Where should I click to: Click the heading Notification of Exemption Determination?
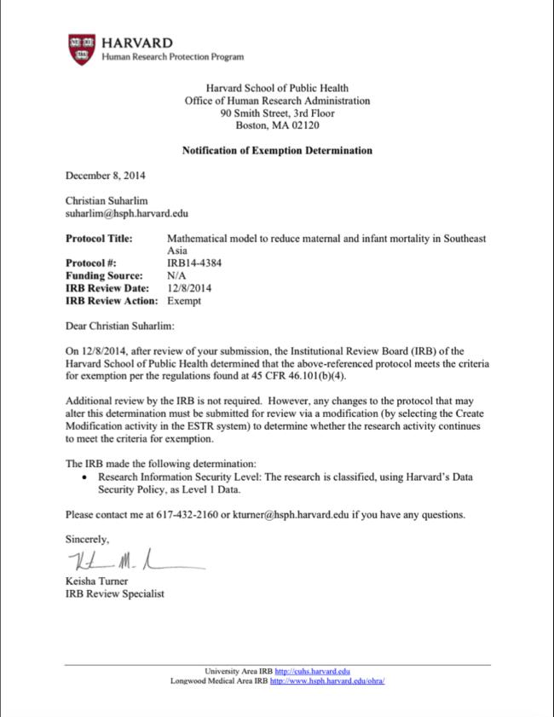(x=277, y=151)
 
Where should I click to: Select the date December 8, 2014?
(x=106, y=176)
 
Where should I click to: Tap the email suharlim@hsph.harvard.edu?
(x=126, y=214)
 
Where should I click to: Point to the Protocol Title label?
(x=99, y=239)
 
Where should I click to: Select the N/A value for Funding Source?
(x=176, y=276)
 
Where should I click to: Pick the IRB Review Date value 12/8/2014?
(x=189, y=288)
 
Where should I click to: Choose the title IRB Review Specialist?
(x=115, y=593)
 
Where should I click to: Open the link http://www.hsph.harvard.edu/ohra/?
(x=327, y=681)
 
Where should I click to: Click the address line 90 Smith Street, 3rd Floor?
(x=277, y=113)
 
